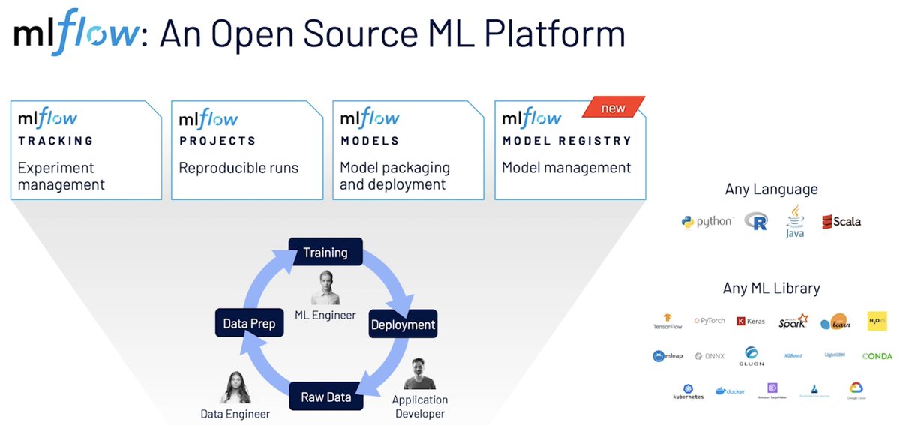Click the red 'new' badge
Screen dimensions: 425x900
click(613, 108)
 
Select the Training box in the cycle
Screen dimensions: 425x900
click(325, 253)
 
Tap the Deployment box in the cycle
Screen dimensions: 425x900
click(403, 325)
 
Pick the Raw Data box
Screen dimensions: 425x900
click(326, 397)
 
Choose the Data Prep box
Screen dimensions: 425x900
click(249, 324)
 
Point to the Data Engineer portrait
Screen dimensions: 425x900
click(235, 388)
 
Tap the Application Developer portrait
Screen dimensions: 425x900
click(419, 373)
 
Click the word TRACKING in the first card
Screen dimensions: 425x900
click(55, 141)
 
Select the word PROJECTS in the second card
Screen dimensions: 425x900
click(217, 141)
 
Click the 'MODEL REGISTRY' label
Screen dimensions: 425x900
click(566, 141)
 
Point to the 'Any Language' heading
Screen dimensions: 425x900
click(771, 190)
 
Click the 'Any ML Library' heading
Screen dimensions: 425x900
click(771, 288)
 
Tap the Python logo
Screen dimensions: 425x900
click(706, 221)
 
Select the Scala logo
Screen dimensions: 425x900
click(841, 221)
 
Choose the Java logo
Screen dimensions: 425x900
click(795, 221)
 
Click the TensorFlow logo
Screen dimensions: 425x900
click(667, 322)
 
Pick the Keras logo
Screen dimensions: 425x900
click(751, 321)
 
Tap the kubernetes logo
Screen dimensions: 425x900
click(688, 391)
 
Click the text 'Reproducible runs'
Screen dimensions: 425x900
click(238, 168)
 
